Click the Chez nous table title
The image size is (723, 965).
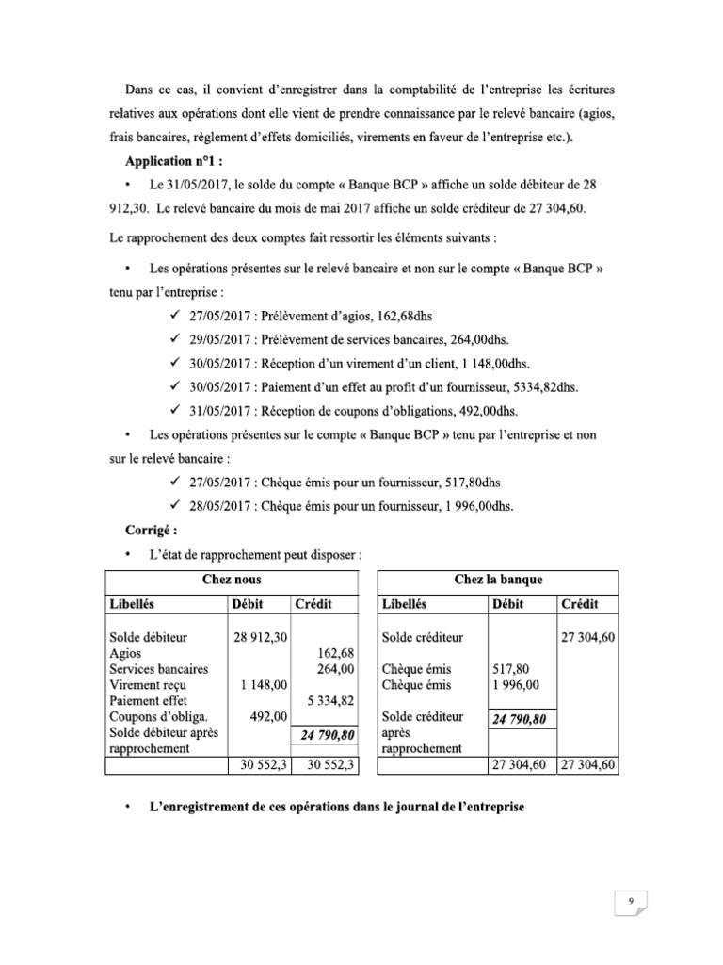[x=232, y=580]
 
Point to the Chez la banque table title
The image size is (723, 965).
[x=497, y=580]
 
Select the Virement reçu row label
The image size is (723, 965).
[x=149, y=685]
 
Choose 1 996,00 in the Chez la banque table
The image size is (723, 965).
[x=514, y=685]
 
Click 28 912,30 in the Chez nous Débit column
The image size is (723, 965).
[x=261, y=638]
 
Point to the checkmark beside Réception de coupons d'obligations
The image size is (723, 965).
[x=174, y=410]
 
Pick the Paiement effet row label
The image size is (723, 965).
[x=149, y=701]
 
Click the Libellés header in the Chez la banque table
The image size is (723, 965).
[x=410, y=604]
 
